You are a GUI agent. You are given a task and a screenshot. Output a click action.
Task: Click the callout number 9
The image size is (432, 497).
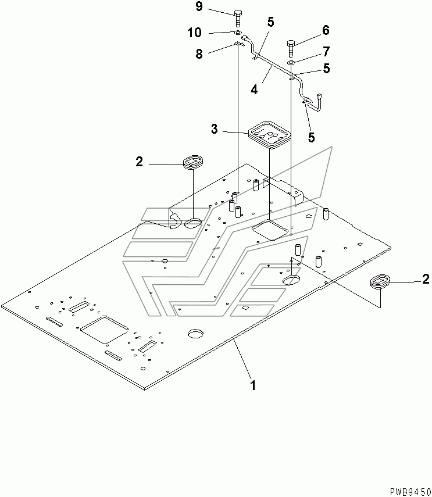pyautogui.click(x=199, y=6)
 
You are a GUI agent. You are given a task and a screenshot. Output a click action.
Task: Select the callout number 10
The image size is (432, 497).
pyautogui.click(x=194, y=33)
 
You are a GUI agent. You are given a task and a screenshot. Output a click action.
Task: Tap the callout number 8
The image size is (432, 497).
pyautogui.click(x=199, y=53)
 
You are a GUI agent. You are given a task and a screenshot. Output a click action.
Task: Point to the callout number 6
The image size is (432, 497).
pyautogui.click(x=326, y=30)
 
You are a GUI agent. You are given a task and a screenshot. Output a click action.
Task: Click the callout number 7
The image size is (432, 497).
pyautogui.click(x=326, y=51)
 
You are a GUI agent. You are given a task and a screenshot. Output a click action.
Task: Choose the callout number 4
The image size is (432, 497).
pyautogui.click(x=254, y=90)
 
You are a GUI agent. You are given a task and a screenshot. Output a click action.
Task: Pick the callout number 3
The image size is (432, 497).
pyautogui.click(x=215, y=129)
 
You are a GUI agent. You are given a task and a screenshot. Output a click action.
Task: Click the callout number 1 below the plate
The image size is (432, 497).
pyautogui.click(x=252, y=385)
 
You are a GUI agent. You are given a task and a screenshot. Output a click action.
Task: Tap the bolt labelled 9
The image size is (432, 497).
pyautogui.click(x=238, y=18)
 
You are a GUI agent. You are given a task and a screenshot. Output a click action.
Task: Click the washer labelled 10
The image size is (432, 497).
pyautogui.click(x=238, y=33)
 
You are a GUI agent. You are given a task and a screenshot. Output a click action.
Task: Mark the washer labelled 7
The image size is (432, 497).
pyautogui.click(x=291, y=63)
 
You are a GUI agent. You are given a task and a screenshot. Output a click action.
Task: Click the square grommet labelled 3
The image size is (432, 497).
pyautogui.click(x=269, y=134)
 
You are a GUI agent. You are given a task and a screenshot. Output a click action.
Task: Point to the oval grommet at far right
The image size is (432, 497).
pyautogui.click(x=380, y=282)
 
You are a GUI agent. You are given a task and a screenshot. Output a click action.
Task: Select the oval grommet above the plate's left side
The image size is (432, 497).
pyautogui.click(x=192, y=162)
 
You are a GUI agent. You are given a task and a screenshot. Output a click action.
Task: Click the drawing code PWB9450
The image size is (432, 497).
pyautogui.click(x=410, y=492)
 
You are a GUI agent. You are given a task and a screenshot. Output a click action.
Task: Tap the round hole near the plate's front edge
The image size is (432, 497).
pyautogui.click(x=195, y=334)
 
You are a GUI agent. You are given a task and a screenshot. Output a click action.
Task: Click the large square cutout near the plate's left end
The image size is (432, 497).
pyautogui.click(x=104, y=330)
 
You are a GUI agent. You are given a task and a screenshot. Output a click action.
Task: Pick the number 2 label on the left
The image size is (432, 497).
pyautogui.click(x=139, y=162)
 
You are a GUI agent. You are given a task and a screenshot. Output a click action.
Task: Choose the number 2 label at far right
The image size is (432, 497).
pyautogui.click(x=426, y=279)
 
